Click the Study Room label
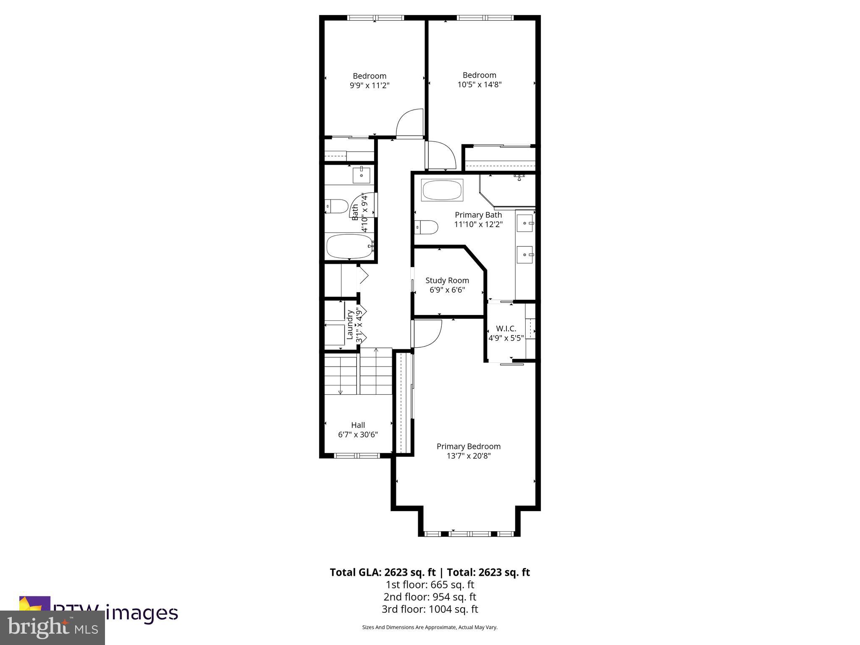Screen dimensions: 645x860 [x=447, y=281]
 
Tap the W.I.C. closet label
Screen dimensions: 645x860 [x=506, y=329]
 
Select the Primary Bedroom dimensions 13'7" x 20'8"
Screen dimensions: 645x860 [x=468, y=456]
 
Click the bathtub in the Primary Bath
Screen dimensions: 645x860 [x=442, y=190]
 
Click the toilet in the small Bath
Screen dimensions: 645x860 [x=338, y=206]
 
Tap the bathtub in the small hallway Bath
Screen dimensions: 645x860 [x=350, y=246]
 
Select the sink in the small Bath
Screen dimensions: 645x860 [x=361, y=175]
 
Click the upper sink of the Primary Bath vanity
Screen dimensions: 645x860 [x=525, y=223]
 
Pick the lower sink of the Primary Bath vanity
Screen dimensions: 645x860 [x=525, y=254]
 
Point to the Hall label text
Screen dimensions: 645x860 [x=358, y=425]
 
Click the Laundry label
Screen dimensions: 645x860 [x=349, y=325]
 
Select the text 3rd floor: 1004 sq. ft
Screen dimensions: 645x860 [x=430, y=609]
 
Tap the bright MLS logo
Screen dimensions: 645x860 [x=52, y=628]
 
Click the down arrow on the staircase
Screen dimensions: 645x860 [x=340, y=392]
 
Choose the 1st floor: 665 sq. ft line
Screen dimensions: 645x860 [x=430, y=585]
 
